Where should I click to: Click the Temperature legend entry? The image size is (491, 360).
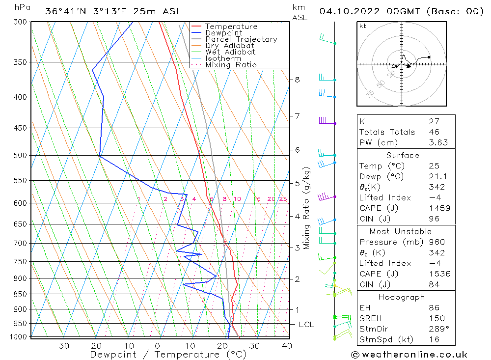231,27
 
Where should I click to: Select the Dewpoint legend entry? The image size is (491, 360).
224,33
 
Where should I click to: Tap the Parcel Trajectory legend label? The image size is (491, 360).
241,39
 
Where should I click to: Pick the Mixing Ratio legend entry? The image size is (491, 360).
231,65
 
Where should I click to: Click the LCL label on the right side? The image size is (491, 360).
306,325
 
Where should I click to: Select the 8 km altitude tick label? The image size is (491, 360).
297,80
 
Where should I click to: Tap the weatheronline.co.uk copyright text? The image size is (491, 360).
409,355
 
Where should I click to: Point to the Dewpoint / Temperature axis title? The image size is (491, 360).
168,355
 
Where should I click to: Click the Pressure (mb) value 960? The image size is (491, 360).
436,242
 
